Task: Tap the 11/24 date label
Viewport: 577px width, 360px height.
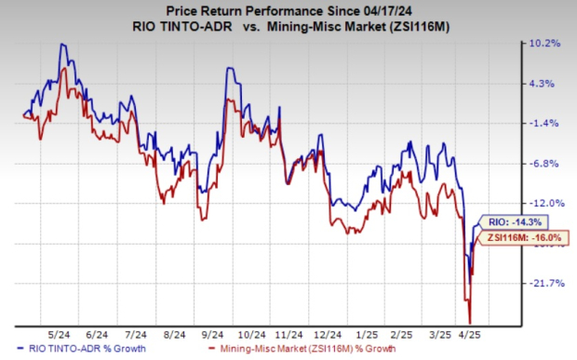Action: tap(290, 332)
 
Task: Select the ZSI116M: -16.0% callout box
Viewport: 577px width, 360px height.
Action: tap(508, 239)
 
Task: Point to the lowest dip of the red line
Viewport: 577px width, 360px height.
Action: tap(470, 322)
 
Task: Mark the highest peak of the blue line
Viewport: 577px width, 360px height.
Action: tap(62, 44)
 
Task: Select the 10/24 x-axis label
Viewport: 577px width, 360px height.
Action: tap(247, 332)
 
